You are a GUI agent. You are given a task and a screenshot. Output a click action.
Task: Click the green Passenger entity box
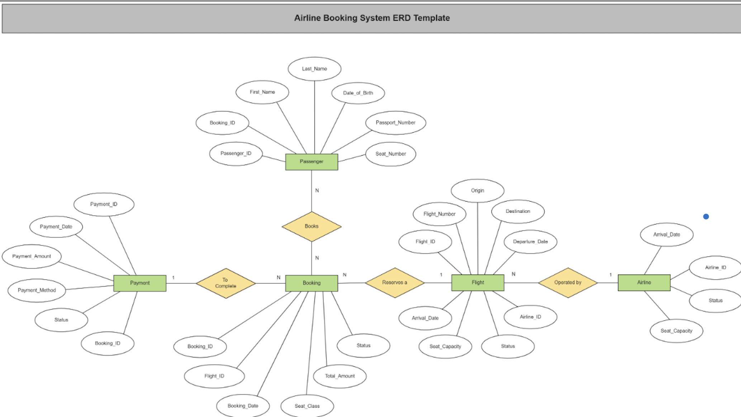[x=311, y=162]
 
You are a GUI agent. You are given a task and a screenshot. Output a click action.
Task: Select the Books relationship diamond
[x=311, y=226]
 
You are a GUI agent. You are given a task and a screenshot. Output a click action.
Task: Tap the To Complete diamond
[x=225, y=283]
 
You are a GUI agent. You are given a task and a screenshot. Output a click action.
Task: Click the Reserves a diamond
[x=394, y=283]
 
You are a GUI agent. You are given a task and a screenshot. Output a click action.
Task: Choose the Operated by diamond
[x=567, y=283]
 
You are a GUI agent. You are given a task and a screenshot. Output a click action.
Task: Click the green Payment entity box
[x=139, y=283]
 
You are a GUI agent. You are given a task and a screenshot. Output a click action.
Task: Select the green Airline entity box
[x=644, y=283]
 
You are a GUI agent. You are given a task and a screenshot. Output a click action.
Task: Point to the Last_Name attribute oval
[x=314, y=69]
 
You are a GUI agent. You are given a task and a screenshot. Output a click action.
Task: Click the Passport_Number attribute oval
[x=395, y=123]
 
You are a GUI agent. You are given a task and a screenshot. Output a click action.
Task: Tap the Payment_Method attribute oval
[x=37, y=290]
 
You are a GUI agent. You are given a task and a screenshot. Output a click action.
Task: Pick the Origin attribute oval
[x=477, y=191]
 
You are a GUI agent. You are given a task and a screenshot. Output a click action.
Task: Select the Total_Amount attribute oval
[x=339, y=376]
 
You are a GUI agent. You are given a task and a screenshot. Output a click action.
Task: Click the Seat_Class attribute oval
[x=307, y=406]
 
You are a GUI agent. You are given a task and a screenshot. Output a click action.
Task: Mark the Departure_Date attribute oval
[x=530, y=242]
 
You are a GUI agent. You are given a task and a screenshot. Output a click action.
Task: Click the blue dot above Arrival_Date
[x=706, y=217]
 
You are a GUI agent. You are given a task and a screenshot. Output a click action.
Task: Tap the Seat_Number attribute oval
[x=390, y=154]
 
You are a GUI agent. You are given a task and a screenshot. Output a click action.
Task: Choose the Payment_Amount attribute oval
[x=32, y=256]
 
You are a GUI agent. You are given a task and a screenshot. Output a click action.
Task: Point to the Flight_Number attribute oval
[x=439, y=214]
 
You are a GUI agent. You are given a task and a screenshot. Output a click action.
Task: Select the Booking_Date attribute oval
[x=243, y=406]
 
